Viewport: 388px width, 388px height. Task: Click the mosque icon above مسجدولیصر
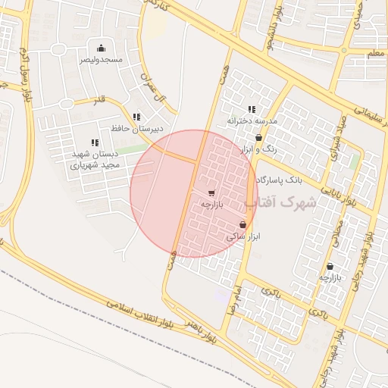tap(100, 48)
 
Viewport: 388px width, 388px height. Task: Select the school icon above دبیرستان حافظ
tap(136, 117)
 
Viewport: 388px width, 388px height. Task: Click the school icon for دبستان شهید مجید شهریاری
tap(95, 142)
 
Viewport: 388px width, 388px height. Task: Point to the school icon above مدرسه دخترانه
tap(252, 110)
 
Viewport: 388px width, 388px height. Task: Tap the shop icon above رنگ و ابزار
tap(259, 139)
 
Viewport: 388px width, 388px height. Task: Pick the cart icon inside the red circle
tap(211, 193)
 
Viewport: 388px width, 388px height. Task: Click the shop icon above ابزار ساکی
tap(242, 225)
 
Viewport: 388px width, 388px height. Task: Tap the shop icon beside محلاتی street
tap(330, 266)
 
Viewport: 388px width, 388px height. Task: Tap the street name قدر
tap(99, 101)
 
